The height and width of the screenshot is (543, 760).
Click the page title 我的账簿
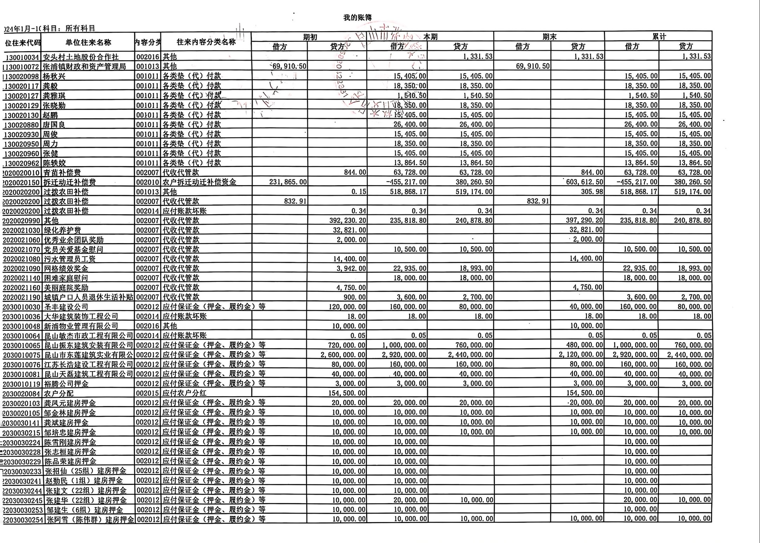tap(357, 18)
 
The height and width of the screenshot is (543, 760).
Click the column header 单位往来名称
tap(88, 43)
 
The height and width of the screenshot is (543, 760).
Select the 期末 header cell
tap(549, 37)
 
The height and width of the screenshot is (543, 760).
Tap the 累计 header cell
tap(658, 37)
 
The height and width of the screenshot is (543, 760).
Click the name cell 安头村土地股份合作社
tap(81, 57)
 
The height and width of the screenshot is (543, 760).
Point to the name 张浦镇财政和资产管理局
tap(84, 66)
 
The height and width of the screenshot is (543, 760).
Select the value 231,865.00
tap(288, 182)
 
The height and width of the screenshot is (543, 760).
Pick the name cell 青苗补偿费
tap(62, 173)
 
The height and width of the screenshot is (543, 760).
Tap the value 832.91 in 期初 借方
tap(295, 201)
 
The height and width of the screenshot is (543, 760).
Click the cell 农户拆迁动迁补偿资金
tap(199, 182)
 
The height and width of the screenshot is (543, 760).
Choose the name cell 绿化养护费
tap(62, 230)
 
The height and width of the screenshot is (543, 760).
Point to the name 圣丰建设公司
tap(66, 307)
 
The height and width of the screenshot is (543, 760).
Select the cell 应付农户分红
tap(184, 393)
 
